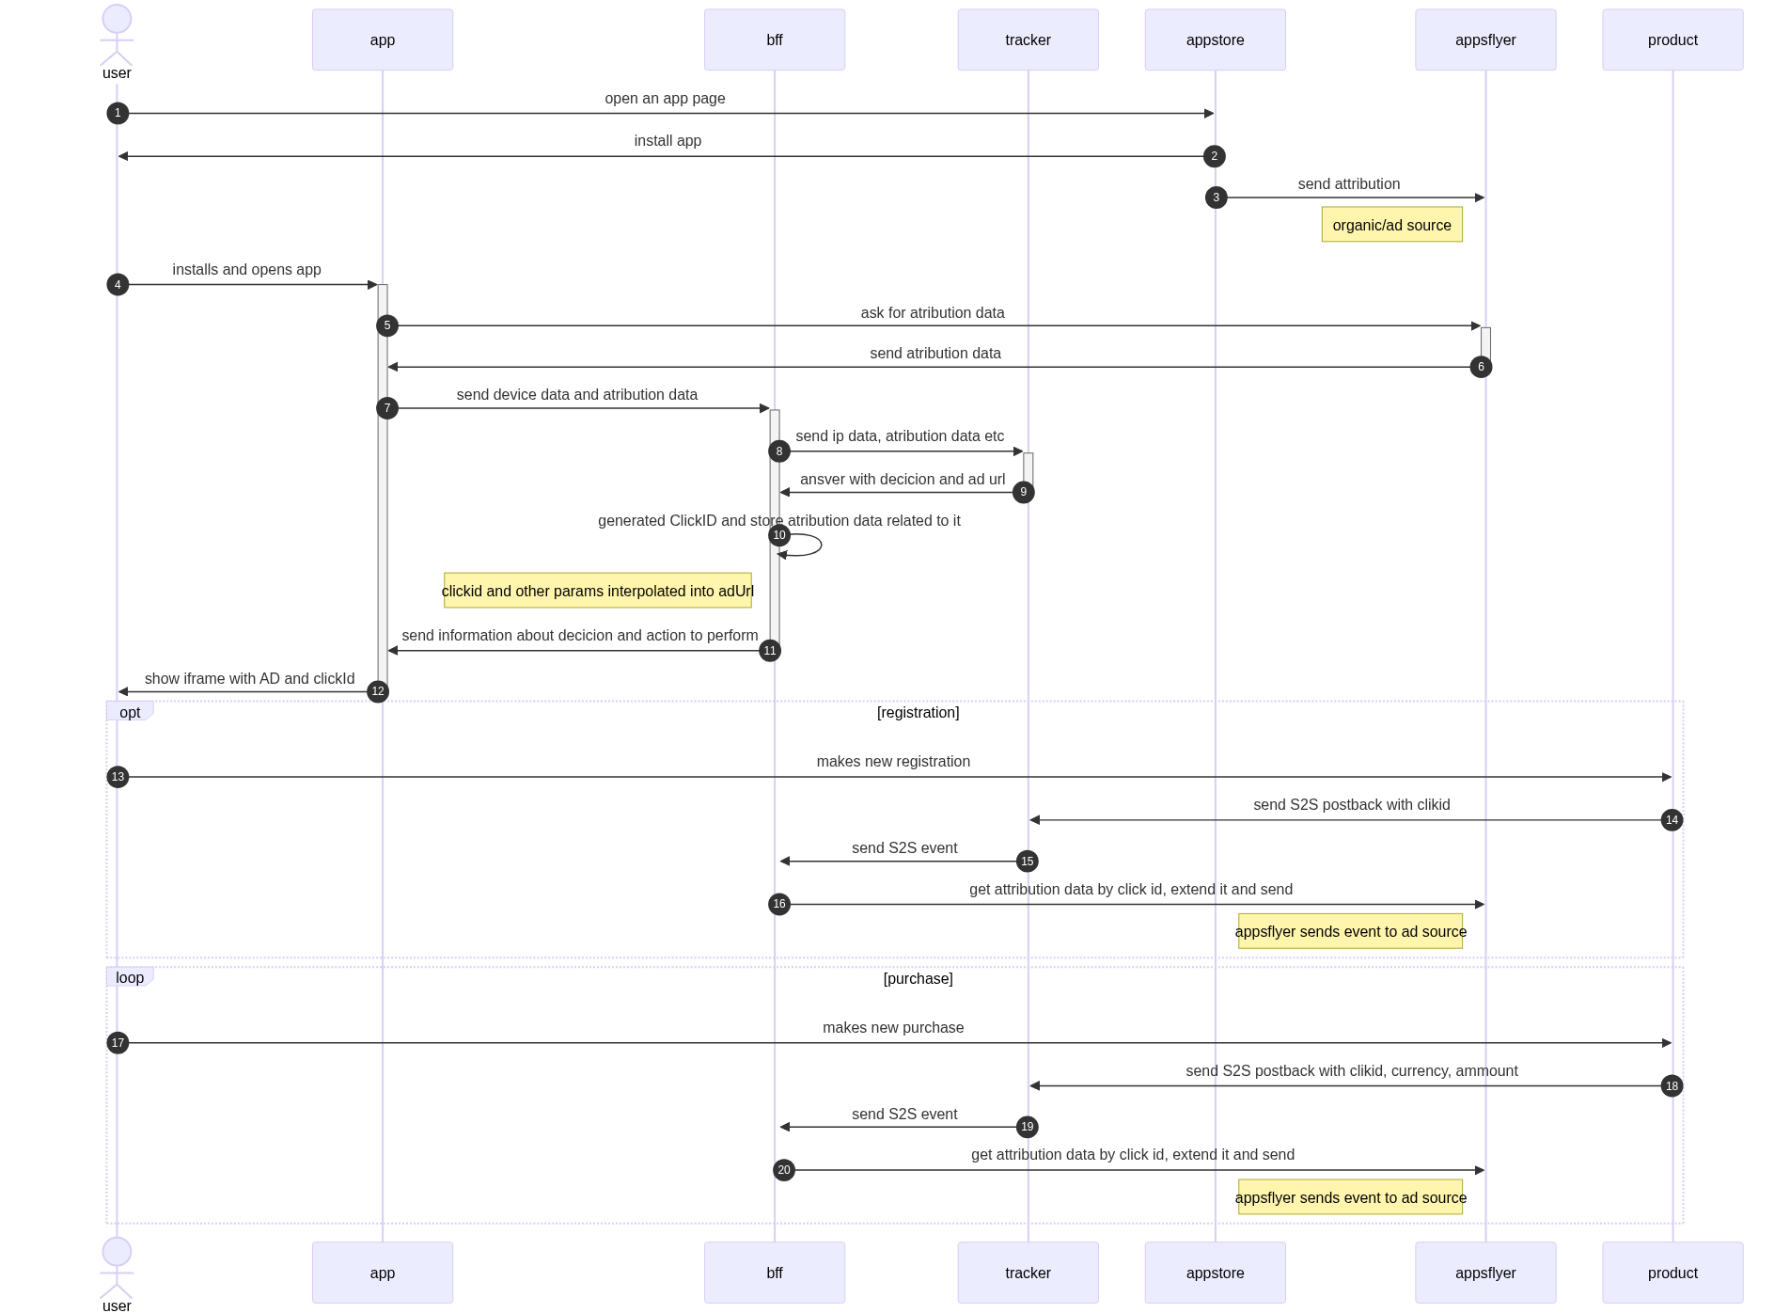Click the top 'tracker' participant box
(1028, 40)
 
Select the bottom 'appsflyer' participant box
(1485, 1273)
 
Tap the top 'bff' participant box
(774, 40)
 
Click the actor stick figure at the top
(117, 36)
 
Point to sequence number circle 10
(779, 535)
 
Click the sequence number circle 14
(1672, 820)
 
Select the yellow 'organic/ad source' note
(1391, 226)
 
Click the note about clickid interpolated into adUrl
(597, 592)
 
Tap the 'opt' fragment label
(130, 712)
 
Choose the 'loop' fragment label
(130, 977)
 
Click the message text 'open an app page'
(665, 99)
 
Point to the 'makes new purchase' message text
(893, 1028)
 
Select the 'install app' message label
(667, 141)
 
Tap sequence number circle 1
(118, 113)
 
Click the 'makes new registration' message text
(893, 762)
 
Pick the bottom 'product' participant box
(1672, 1273)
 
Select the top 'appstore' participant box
(1215, 40)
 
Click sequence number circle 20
(784, 1170)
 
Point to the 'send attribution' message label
(1349, 184)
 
